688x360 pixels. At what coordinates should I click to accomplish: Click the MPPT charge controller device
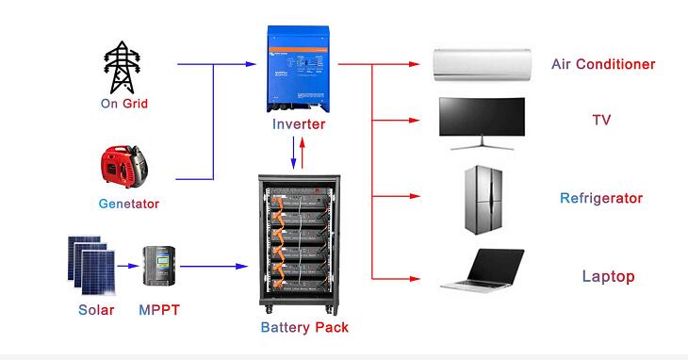[158, 268]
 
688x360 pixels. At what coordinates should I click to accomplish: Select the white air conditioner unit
[483, 64]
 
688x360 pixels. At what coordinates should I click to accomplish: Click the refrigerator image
[483, 200]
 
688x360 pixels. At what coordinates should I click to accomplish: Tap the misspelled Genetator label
[129, 204]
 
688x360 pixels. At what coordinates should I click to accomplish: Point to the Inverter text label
[299, 124]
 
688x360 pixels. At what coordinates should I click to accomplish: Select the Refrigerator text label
[601, 198]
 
